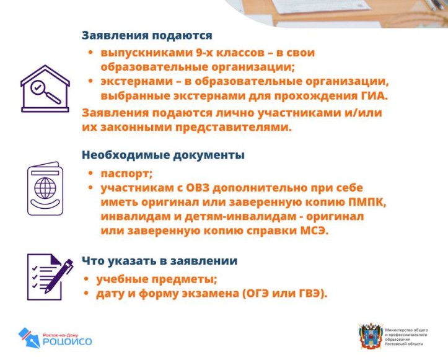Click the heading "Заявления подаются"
[x=147, y=35]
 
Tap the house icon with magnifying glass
[x=45, y=89]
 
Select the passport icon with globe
[x=45, y=188]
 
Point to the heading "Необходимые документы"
[x=163, y=155]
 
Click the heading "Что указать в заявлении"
[x=160, y=261]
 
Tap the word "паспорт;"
[x=126, y=174]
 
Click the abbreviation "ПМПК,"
[x=367, y=202]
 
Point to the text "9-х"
[x=204, y=53]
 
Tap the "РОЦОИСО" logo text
[x=68, y=341]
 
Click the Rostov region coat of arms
[x=371, y=336]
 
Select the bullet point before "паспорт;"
[x=90, y=173]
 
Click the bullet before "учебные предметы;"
[x=86, y=279]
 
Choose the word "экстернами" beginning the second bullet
[x=136, y=81]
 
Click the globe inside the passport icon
[x=45, y=188]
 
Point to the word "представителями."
[x=234, y=128]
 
